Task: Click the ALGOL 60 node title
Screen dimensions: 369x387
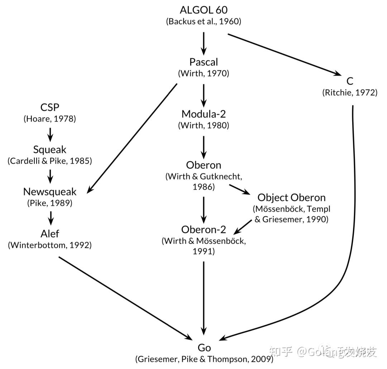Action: [204, 10]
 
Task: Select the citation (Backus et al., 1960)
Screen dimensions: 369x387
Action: [204, 21]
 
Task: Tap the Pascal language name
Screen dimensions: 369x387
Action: [204, 62]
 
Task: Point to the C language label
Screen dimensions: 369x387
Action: [350, 81]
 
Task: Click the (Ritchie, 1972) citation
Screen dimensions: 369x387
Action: [350, 93]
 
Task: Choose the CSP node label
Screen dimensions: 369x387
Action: [50, 107]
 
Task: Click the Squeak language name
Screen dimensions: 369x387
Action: [50, 149]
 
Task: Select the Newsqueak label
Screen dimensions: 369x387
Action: [50, 191]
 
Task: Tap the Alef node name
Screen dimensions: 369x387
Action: [50, 233]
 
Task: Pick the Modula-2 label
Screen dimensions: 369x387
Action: [204, 114]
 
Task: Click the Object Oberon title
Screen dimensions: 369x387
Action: [291, 197]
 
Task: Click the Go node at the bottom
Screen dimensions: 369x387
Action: [204, 347]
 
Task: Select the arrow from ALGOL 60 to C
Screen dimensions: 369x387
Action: [284, 54]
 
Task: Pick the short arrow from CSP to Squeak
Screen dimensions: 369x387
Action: [50, 134]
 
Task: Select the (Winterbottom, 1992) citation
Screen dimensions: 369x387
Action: [50, 245]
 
